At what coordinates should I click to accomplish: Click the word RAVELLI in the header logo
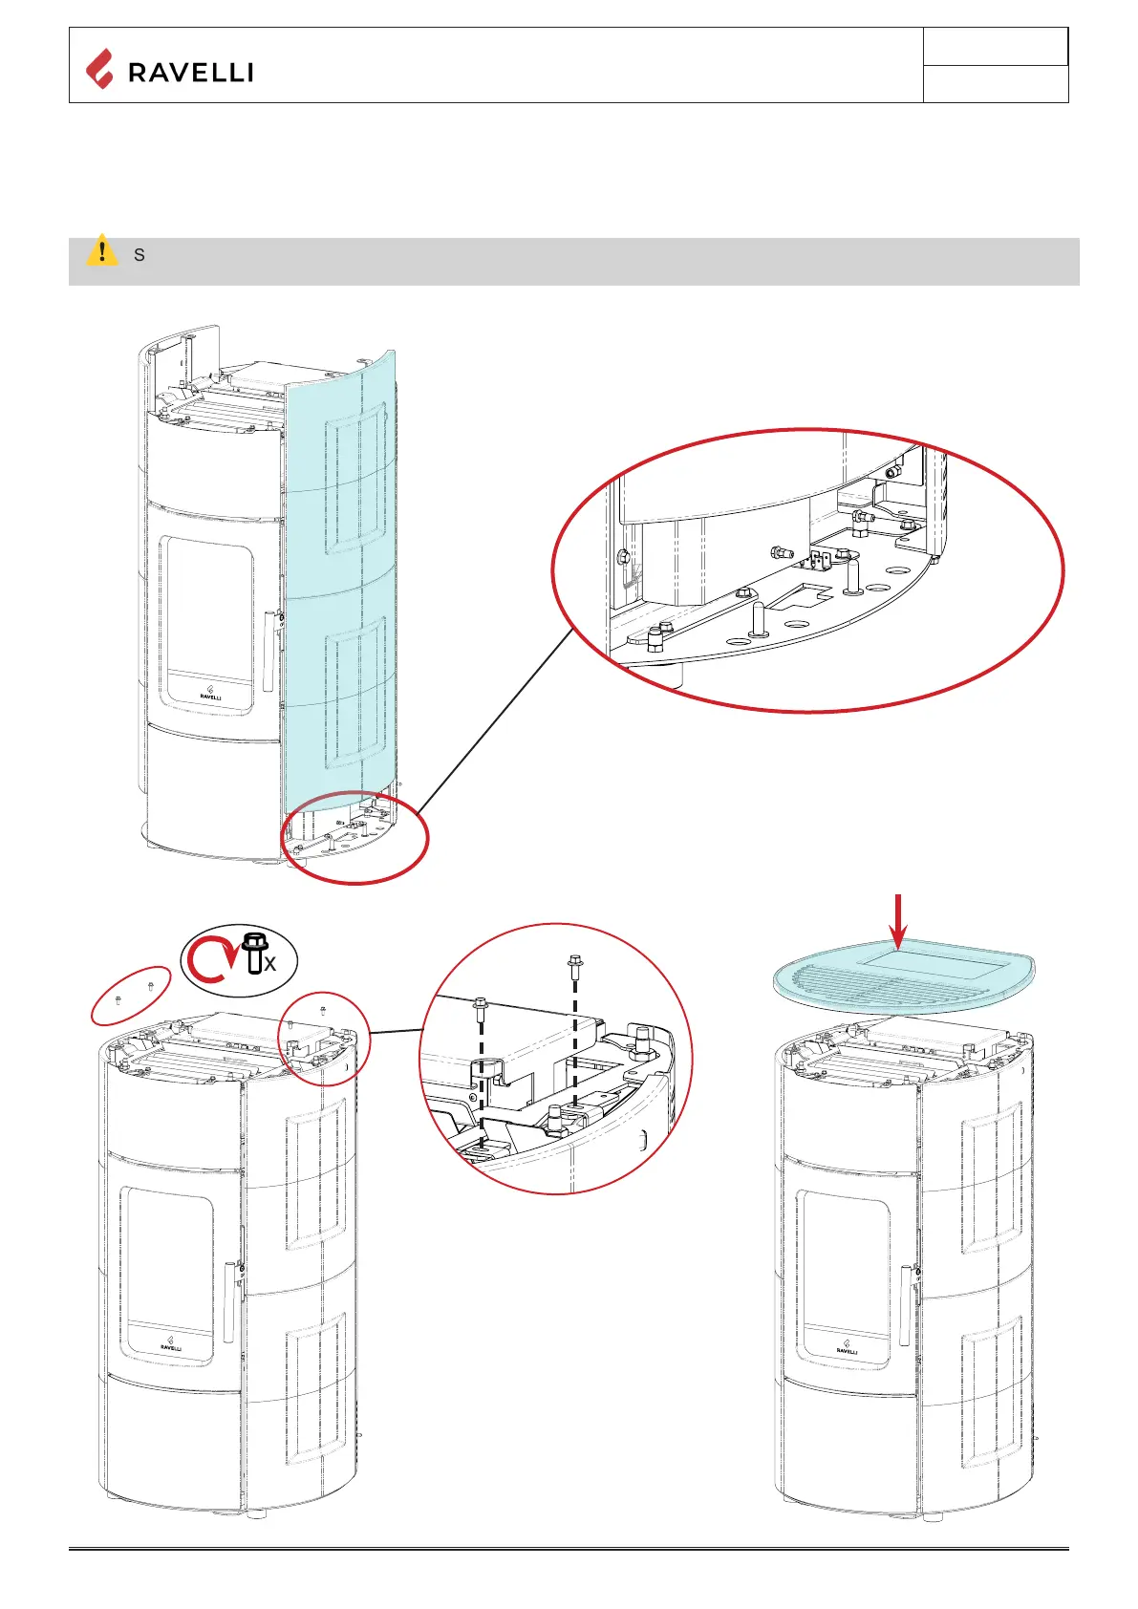190,73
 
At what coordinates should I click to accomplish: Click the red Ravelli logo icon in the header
99,69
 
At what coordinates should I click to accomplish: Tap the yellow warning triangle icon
101,250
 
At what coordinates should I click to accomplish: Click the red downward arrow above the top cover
897,922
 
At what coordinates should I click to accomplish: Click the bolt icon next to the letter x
254,953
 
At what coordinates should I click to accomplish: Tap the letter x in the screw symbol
270,965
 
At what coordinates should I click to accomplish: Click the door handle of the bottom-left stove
229,1301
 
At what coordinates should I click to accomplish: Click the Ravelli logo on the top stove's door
211,693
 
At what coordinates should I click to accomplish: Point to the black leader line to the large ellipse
492,726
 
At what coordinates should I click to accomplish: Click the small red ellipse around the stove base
354,838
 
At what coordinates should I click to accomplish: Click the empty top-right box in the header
995,47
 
